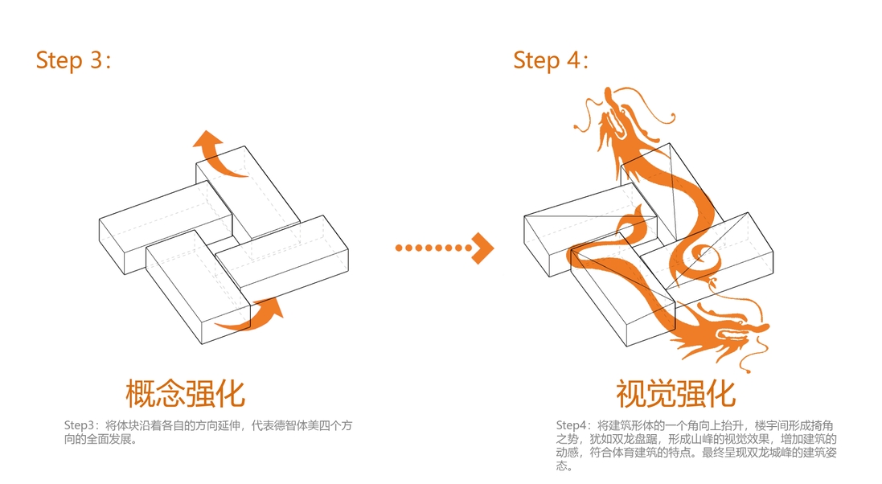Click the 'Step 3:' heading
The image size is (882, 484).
pos(72,60)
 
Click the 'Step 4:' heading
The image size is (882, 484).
pos(551,60)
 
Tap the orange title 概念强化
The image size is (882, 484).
pos(185,394)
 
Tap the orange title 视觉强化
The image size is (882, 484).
pos(675,394)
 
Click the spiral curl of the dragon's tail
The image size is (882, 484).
pos(704,257)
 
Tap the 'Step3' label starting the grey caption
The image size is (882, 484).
pos(80,425)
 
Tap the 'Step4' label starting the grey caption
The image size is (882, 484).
pos(572,425)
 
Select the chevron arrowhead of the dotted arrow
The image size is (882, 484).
pos(483,248)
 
